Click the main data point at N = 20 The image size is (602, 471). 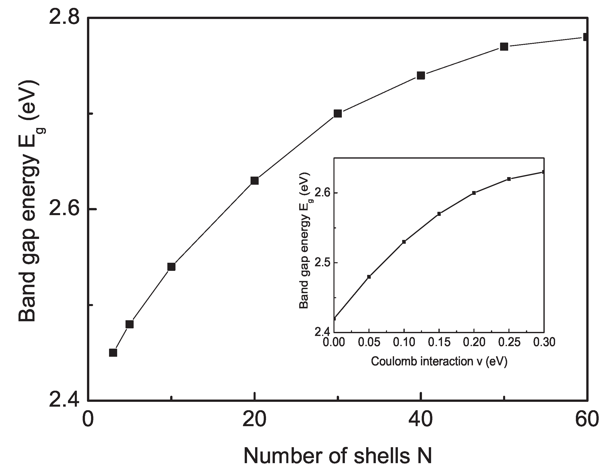click(255, 181)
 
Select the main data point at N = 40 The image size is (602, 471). click(421, 76)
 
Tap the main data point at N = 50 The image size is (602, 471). click(504, 47)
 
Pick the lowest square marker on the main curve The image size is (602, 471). click(113, 353)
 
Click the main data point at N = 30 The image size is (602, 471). click(338, 114)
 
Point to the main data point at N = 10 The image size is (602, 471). click(171, 267)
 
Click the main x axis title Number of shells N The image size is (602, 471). click(337, 456)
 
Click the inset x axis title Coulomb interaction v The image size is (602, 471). click(439, 361)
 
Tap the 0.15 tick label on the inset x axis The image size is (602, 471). click(439, 342)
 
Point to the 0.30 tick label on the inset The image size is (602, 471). click(544, 342)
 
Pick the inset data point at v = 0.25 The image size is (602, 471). click(509, 179)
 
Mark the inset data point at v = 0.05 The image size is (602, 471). click(369, 277)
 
